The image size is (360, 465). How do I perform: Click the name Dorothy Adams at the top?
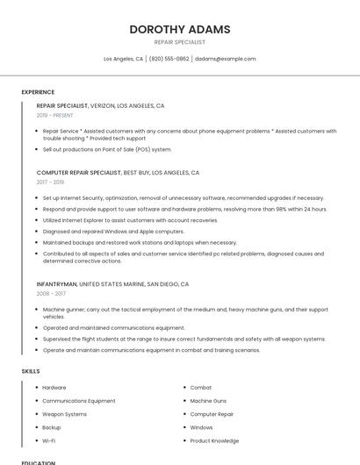[x=180, y=29]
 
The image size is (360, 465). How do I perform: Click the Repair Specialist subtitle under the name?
[x=180, y=42]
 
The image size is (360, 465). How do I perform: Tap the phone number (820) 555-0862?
[x=169, y=59]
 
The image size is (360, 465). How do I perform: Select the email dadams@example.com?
[x=225, y=59]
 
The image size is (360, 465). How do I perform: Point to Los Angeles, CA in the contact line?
[x=124, y=59]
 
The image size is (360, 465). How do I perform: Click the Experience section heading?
[x=38, y=91]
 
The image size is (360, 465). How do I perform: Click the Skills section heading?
[x=31, y=371]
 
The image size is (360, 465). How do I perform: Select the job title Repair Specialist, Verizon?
[x=100, y=105]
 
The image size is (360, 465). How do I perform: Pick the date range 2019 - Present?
[x=54, y=115]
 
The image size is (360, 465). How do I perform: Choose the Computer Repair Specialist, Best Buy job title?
[x=118, y=173]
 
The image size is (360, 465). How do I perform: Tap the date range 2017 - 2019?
[x=50, y=182]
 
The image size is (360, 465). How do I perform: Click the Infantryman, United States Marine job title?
[x=112, y=284]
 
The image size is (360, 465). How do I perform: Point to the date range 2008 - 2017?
[x=51, y=294]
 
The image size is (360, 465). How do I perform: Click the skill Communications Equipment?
[x=79, y=401]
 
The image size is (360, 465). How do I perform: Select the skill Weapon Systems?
[x=65, y=414]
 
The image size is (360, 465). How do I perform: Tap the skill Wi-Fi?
[x=49, y=440]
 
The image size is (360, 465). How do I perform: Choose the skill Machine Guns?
[x=208, y=401]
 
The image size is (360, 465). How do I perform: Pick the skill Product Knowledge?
[x=214, y=440]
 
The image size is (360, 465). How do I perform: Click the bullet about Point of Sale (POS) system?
[x=107, y=149]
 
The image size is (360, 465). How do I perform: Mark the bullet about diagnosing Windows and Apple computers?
[x=113, y=232]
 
